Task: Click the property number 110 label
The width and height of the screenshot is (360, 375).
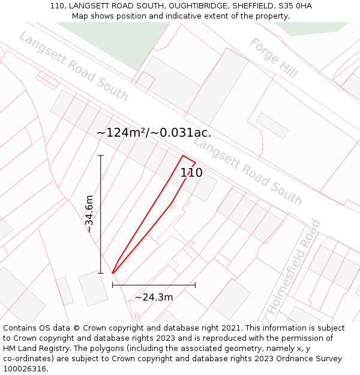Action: (191, 173)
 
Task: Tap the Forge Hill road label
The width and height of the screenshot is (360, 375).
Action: (274, 58)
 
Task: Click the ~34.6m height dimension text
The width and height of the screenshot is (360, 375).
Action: (89, 214)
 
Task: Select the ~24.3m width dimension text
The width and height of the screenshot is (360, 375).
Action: (154, 297)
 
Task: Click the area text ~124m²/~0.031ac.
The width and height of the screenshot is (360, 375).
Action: (154, 133)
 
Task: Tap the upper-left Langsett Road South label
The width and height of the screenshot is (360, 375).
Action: (73, 67)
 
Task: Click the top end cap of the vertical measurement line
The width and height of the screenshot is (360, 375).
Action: (101, 155)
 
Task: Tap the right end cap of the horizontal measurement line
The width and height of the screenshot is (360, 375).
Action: (195, 285)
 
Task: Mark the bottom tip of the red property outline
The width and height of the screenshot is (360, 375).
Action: (113, 273)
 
